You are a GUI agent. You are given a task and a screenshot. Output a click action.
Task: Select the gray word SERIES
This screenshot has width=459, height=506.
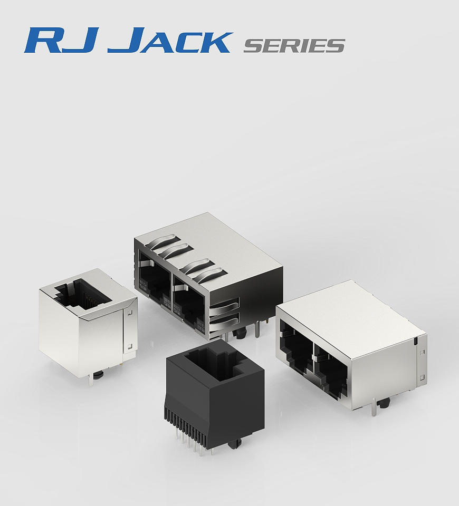(x=294, y=46)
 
